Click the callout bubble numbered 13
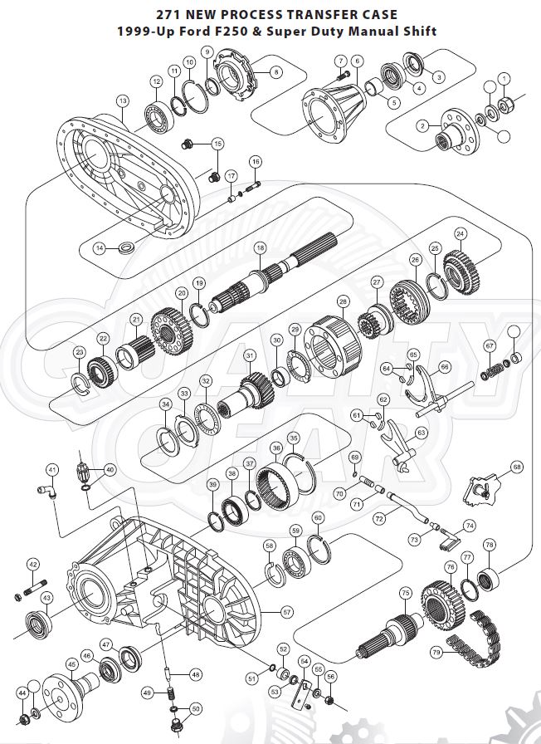point(123,100)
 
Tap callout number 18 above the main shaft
point(260,247)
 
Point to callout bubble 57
point(287,612)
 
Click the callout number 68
point(517,467)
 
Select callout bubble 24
point(461,233)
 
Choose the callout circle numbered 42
point(33,565)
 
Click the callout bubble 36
point(276,448)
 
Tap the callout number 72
point(379,517)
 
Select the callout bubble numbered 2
point(422,125)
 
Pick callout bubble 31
point(249,355)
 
